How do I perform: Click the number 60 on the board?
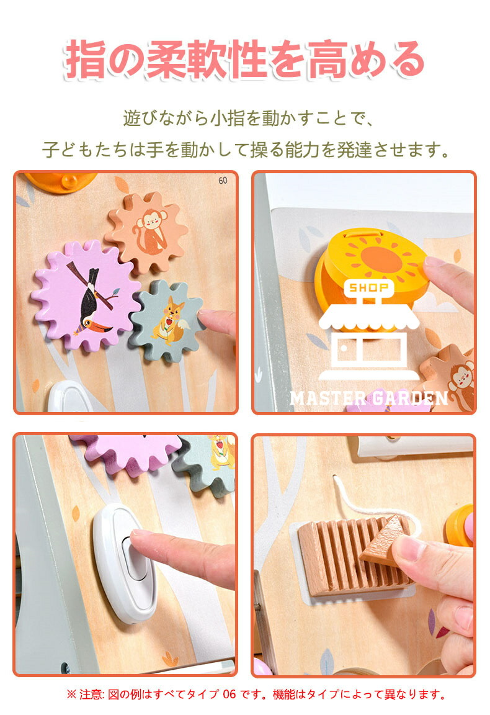click(223, 181)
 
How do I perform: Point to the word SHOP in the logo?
click(369, 288)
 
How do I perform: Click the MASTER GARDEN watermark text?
click(369, 398)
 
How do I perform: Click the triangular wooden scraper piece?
click(385, 541)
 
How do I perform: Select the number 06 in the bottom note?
click(229, 695)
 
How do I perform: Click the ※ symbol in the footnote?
click(71, 695)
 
